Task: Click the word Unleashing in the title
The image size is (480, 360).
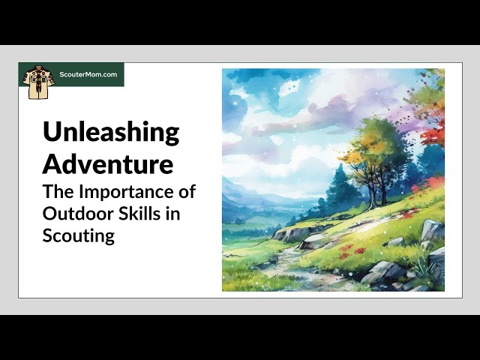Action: (111, 132)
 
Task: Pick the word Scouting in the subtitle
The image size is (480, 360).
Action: (79, 236)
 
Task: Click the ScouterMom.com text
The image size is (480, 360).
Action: (88, 74)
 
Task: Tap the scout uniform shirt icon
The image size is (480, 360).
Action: (38, 82)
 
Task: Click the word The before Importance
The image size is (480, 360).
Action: (58, 191)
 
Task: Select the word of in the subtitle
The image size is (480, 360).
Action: (187, 191)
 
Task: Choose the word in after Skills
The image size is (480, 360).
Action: (172, 213)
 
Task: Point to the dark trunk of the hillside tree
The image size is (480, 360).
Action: (377, 190)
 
